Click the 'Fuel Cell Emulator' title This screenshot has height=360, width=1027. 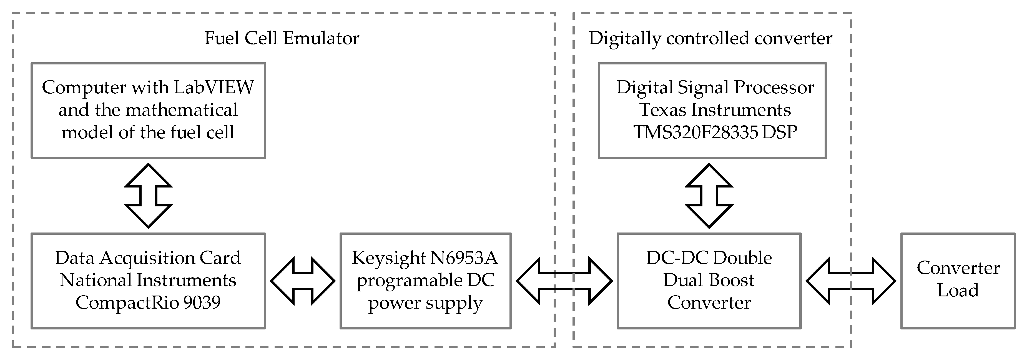click(x=282, y=39)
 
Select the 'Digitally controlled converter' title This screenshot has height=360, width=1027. click(x=710, y=39)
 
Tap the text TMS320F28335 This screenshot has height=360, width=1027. click(x=696, y=132)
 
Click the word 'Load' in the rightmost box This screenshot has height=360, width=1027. click(x=958, y=290)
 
